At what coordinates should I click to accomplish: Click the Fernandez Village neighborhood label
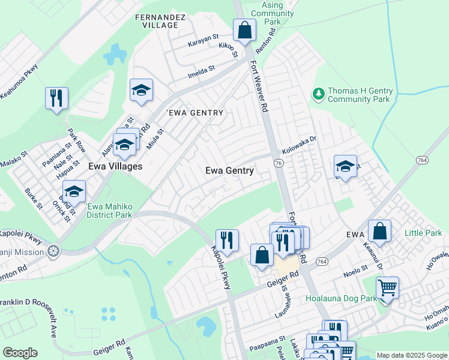[x=157, y=21]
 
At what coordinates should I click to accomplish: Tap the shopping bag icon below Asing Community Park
[x=244, y=30]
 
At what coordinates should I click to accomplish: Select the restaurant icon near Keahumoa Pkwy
[x=56, y=98]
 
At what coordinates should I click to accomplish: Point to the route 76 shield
[x=278, y=163]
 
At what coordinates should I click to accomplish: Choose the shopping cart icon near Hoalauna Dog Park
[x=387, y=287]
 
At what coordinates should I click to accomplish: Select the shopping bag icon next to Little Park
[x=379, y=230]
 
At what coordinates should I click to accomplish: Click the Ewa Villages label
[x=115, y=166]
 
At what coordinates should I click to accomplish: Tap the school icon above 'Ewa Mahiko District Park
[x=74, y=191]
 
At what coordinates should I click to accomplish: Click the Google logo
[x=20, y=353]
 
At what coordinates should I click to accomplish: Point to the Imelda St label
[x=201, y=71]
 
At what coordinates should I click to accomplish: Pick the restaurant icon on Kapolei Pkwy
[x=227, y=240]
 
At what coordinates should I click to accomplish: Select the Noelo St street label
[x=355, y=271]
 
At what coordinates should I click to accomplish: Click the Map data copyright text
[x=411, y=355]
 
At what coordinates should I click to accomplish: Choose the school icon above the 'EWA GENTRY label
[x=141, y=90]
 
